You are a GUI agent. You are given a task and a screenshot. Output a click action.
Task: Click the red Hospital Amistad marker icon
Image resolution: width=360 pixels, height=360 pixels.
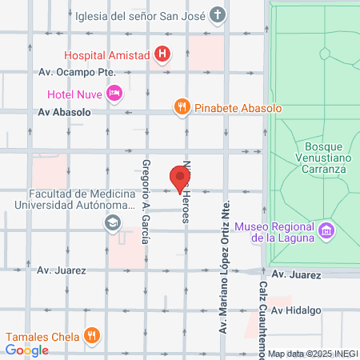162,54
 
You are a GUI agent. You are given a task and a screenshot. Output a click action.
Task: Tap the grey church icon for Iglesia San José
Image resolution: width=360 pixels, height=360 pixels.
218,14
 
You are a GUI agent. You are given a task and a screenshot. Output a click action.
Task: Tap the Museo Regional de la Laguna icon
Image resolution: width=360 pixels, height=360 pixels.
326,232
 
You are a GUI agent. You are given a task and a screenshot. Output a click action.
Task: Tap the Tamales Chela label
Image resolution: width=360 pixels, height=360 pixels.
46,335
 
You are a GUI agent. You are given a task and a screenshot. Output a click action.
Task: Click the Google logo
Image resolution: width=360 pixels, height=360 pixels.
27,350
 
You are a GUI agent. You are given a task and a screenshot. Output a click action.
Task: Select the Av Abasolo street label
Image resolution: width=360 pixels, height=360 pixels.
62,113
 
